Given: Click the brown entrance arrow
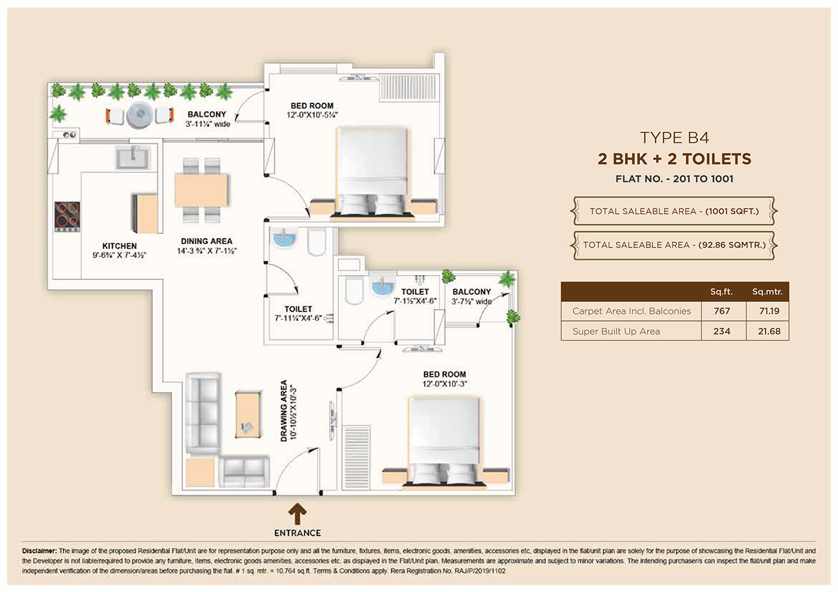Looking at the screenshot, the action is click(x=297, y=514).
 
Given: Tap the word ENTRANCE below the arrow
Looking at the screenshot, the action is click(x=297, y=533).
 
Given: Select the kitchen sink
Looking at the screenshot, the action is click(x=132, y=158).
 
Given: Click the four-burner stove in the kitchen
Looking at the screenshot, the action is click(x=67, y=216).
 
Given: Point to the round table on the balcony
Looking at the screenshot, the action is click(x=139, y=115).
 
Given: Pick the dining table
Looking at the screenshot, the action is click(x=201, y=190).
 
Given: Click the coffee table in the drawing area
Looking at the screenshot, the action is click(x=247, y=414).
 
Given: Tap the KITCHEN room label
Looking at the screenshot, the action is click(x=119, y=246).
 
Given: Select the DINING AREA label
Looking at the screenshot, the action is click(x=207, y=241).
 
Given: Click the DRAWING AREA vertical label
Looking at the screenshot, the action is click(x=284, y=411).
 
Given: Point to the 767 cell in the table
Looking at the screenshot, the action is click(x=722, y=311).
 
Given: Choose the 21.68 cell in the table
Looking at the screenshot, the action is click(x=769, y=331).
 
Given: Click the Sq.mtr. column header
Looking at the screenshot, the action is click(x=767, y=292).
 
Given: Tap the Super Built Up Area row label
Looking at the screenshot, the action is click(x=616, y=331).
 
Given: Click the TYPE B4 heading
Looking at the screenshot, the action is click(x=675, y=138).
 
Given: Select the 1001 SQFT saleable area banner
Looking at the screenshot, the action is click(x=674, y=211).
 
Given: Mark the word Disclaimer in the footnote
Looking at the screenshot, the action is click(x=40, y=551).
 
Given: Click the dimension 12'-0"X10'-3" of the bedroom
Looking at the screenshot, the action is click(x=445, y=384).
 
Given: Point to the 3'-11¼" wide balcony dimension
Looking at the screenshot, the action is click(x=208, y=124).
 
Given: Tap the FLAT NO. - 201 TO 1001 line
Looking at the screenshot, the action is click(x=675, y=179).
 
